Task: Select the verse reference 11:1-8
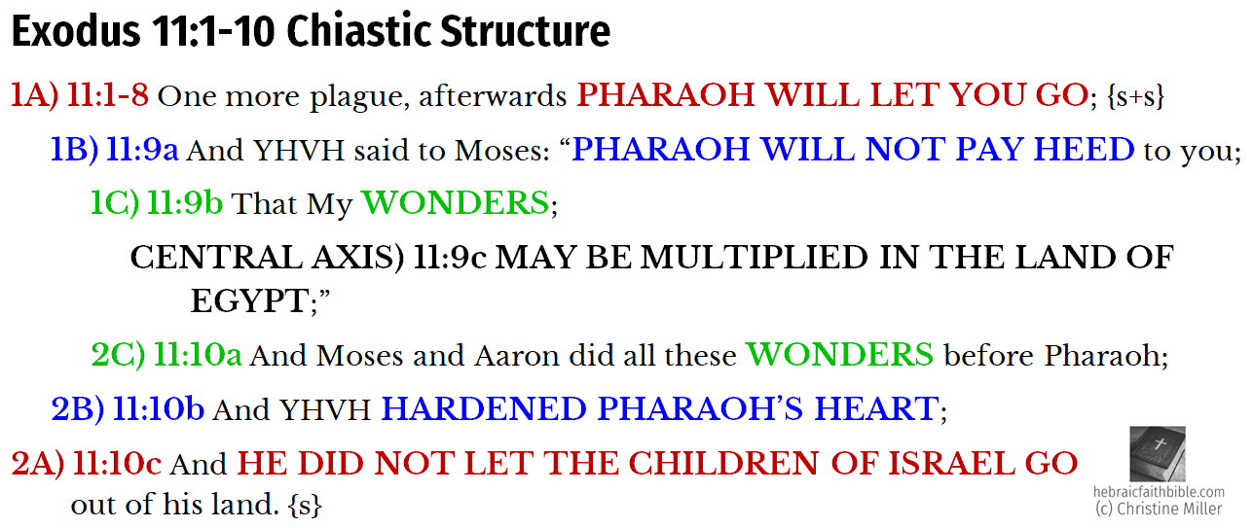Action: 108,95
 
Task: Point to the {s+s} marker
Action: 1135,96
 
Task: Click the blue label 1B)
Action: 74,150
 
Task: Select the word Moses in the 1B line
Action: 501,151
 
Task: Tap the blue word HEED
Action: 1084,149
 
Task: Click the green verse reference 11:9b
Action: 185,203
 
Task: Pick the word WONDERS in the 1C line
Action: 456,202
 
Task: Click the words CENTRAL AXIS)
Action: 267,258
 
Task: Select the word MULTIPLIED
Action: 754,258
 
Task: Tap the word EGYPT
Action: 249,301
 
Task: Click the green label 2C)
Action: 118,355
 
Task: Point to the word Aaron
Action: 517,356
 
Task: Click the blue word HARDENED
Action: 484,409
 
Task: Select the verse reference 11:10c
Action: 117,464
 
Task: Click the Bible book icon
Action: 1158,454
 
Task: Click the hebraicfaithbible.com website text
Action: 1159,492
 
